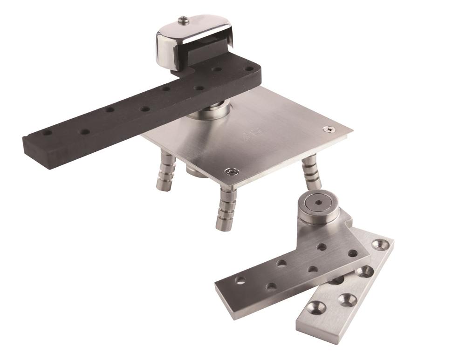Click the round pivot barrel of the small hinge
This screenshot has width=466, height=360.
(x=317, y=212)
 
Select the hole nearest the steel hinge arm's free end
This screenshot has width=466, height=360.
(x=240, y=280)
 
